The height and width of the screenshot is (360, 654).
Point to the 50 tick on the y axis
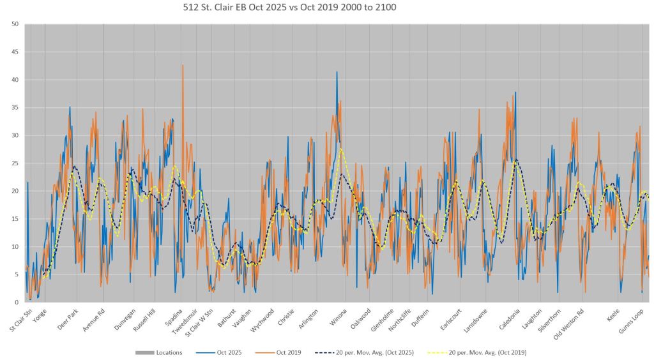click(14, 24)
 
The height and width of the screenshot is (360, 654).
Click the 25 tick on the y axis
click(14, 163)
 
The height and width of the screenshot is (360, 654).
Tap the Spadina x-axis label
click(173, 315)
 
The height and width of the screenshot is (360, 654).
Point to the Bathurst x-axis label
click(227, 316)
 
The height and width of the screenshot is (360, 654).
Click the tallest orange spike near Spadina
click(183, 65)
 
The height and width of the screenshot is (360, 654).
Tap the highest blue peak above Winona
click(337, 72)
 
